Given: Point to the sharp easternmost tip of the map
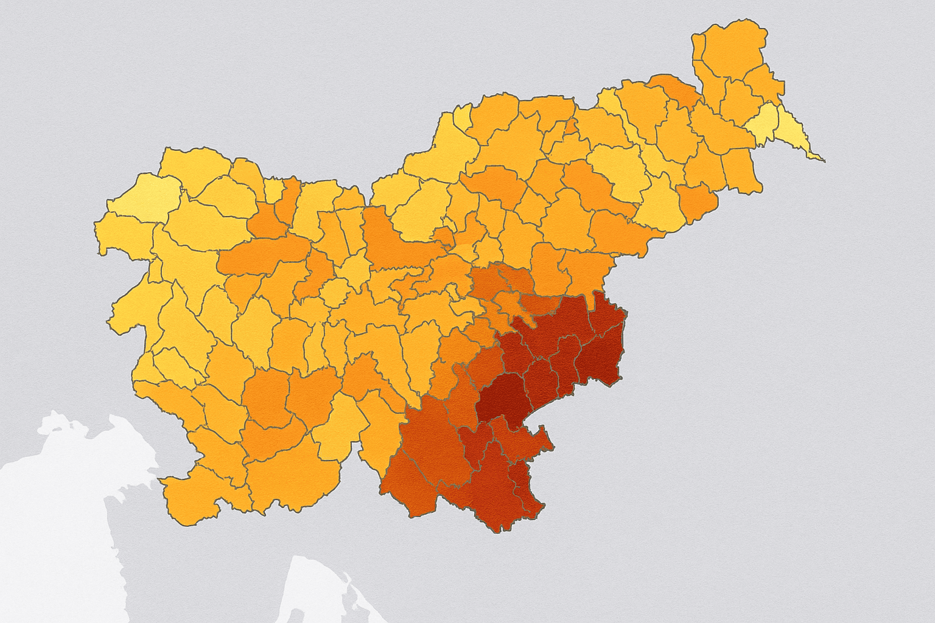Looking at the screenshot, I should pos(825,162).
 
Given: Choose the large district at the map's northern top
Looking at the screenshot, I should pos(730,49).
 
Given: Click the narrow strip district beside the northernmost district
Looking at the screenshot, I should pos(698,55).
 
